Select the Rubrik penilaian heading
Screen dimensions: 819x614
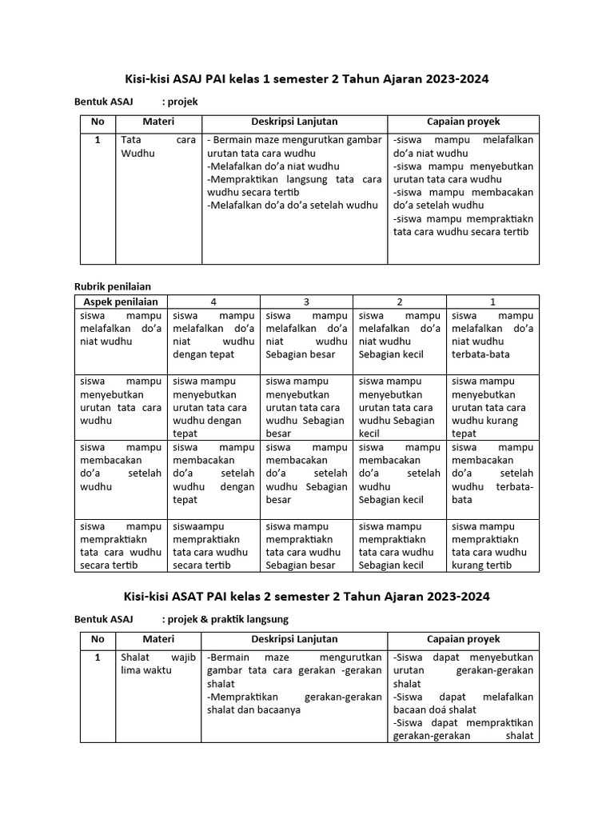[x=112, y=286]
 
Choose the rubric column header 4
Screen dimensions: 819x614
[x=213, y=302]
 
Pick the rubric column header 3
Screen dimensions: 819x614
[x=306, y=302]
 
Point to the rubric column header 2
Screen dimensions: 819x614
[x=399, y=302]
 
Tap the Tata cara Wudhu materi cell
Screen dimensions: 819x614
[x=158, y=146]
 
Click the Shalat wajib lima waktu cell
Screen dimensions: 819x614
[x=158, y=664]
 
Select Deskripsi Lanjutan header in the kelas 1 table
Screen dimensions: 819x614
[x=294, y=122]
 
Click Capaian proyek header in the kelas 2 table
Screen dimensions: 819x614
[x=463, y=639]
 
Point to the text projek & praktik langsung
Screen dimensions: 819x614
[x=225, y=619]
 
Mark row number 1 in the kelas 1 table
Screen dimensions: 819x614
[x=98, y=140]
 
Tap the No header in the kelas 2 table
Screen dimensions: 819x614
[x=98, y=639]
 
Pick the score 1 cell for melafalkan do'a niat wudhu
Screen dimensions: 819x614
[x=492, y=334]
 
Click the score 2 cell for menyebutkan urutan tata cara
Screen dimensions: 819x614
[x=399, y=407]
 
